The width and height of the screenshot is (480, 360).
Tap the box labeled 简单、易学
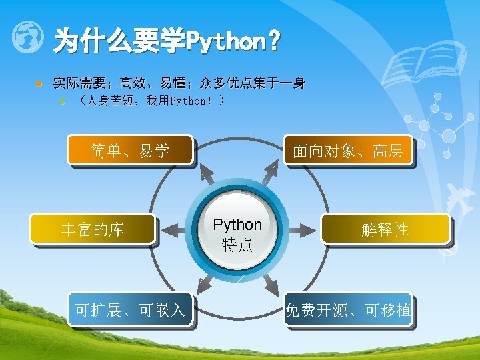pyautogui.click(x=131, y=151)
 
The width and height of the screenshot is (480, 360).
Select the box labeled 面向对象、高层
pyautogui.click(x=348, y=151)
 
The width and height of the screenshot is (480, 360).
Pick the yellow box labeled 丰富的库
pyautogui.click(x=93, y=230)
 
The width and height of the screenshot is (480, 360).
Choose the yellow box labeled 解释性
pyautogui.click(x=385, y=230)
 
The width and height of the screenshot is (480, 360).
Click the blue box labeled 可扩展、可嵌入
pyautogui.click(x=130, y=309)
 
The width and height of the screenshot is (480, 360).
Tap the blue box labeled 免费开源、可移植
pyautogui.click(x=348, y=309)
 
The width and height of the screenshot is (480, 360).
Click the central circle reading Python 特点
pyautogui.click(x=237, y=233)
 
